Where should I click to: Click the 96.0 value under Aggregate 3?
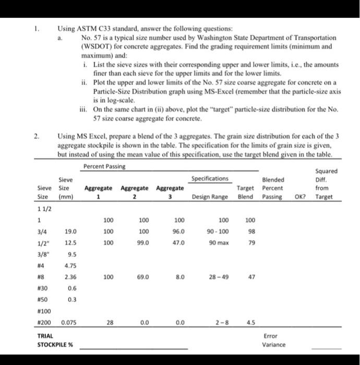pos(179,231)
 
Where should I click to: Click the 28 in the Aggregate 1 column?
pos(108,322)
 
